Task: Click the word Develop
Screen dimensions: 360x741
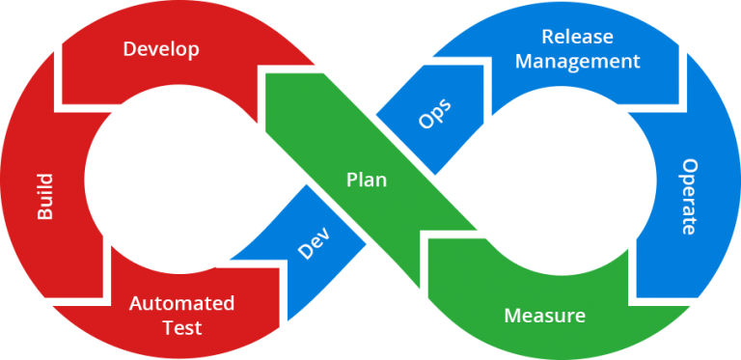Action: click(161, 48)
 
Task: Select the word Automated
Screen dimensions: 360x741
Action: click(181, 303)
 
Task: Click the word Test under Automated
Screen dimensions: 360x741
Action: click(181, 328)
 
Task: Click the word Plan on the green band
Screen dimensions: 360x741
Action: click(367, 180)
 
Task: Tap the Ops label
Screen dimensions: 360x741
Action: click(434, 114)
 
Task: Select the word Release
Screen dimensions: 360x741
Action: click(578, 37)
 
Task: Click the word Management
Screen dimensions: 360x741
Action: click(578, 62)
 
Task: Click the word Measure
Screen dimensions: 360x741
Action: click(544, 316)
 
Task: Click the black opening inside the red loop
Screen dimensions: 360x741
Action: click(174, 179)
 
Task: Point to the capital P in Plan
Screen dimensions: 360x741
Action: click(351, 180)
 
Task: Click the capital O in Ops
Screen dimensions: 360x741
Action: click(425, 123)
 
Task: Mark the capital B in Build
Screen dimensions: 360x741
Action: click(44, 214)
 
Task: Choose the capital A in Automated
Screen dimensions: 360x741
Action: click(136, 303)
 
